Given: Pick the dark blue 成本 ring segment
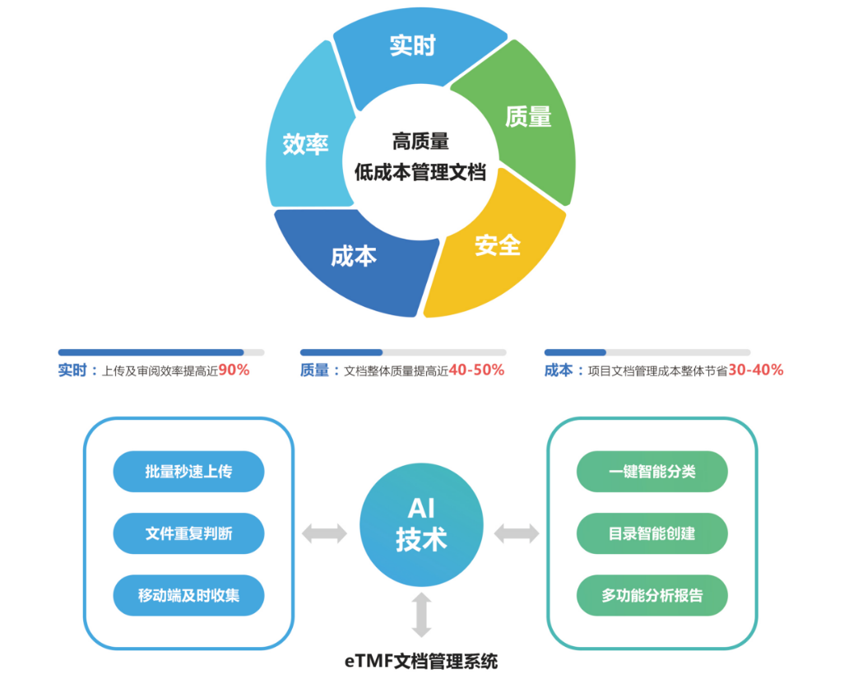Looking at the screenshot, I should (x=354, y=256).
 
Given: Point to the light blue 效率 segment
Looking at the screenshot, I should (x=306, y=144).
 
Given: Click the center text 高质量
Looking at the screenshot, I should (x=420, y=142).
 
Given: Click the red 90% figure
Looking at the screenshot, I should (x=234, y=370).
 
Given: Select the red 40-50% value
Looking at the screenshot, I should (x=476, y=370).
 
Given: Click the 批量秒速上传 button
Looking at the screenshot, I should (x=188, y=472).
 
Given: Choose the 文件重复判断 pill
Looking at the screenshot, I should (x=188, y=533).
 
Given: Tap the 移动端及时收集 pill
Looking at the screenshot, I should (x=188, y=595).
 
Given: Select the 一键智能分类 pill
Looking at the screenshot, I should (x=652, y=472).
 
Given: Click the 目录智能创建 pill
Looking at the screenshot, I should (x=652, y=533).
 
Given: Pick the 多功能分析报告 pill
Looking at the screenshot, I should (x=652, y=595).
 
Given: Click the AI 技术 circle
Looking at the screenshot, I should (x=420, y=524).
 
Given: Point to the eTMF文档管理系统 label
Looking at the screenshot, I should (x=420, y=660).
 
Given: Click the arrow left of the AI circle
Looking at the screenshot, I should (x=324, y=533).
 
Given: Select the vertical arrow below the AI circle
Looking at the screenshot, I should (x=421, y=614).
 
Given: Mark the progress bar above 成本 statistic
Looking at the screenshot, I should (x=647, y=352).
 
